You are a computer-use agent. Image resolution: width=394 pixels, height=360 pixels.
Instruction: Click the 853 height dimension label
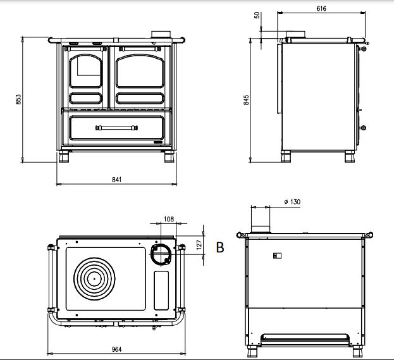pos(18,99)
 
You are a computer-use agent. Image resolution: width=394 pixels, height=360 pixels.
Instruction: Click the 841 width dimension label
pos(116,180)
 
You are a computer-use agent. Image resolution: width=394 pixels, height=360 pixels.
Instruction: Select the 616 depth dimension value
pos(321,9)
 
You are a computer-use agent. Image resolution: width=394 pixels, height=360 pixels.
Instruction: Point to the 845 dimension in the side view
pos(246,100)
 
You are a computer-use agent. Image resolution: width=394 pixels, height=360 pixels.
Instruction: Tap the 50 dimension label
pos(257,15)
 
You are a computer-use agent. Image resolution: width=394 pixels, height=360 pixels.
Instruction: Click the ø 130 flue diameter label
pos(292,202)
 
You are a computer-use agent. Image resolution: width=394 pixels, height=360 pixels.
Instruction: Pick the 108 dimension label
pos(169,219)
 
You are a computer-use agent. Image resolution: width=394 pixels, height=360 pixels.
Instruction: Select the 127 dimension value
pos(199,245)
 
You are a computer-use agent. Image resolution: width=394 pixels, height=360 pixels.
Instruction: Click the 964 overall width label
pos(116,349)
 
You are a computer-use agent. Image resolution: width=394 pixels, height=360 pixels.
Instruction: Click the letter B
pos(220,247)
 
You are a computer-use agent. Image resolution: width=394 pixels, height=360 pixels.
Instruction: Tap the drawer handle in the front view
pos(116,128)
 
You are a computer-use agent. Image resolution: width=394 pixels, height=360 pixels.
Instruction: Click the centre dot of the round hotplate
pos(94,278)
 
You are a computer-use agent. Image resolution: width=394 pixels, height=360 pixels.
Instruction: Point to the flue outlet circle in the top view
pos(161,254)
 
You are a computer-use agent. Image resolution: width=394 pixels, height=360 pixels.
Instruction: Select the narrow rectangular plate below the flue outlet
pos(161,290)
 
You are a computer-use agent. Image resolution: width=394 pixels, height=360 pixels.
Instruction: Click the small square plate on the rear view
pos(277,256)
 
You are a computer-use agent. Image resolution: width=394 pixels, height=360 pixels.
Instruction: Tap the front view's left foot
pos(64,157)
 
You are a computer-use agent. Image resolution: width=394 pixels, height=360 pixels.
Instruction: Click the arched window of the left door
pos(85,71)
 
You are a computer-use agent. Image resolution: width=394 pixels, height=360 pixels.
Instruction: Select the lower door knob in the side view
pos(363,128)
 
